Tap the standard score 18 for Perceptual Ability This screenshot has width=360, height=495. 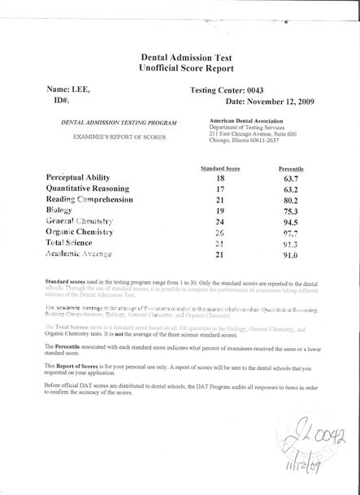point(219,176)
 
